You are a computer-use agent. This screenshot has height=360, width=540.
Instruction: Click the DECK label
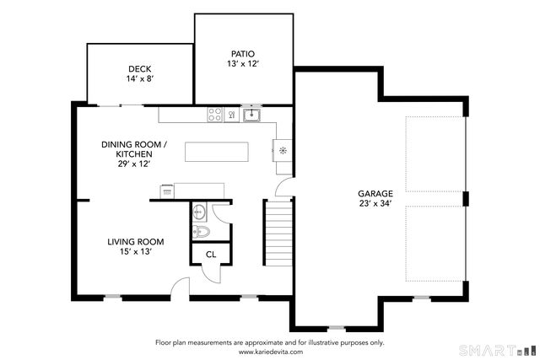(x=139, y=69)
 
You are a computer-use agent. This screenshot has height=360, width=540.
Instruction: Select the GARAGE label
(x=375, y=193)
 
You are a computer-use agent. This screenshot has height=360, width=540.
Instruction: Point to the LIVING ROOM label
(x=135, y=242)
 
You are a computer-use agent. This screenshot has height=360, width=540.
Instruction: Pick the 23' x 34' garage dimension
(x=375, y=203)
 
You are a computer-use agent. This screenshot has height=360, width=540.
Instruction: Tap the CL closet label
(x=210, y=254)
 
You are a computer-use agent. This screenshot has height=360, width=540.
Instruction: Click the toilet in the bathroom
(x=200, y=232)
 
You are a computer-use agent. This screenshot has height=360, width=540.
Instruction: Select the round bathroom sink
(x=199, y=212)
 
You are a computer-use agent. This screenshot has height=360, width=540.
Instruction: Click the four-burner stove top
(x=215, y=114)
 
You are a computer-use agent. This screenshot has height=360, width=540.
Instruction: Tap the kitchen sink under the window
(x=251, y=115)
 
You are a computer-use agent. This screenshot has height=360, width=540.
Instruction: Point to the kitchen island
(x=218, y=152)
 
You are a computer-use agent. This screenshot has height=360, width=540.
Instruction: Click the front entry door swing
(x=179, y=288)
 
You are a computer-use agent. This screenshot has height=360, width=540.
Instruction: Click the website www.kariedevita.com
(x=269, y=352)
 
